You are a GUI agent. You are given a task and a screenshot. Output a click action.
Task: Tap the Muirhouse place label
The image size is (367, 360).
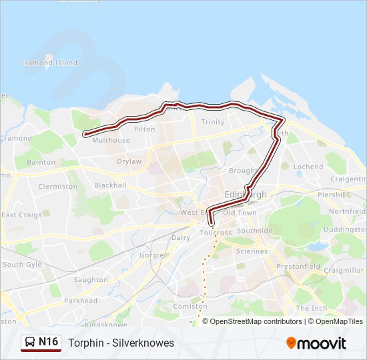pyautogui.click(x=111, y=140)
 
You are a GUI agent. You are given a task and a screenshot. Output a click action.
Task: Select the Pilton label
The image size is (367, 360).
pyautogui.click(x=144, y=129)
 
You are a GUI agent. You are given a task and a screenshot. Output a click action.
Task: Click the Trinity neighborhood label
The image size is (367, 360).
pyautogui.click(x=213, y=122)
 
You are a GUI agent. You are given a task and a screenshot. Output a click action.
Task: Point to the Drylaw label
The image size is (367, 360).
pyautogui.click(x=129, y=161)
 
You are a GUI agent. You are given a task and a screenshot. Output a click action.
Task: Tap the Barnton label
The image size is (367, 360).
pyautogui.click(x=41, y=162)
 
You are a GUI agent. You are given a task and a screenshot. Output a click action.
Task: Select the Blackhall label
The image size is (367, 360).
pyautogui.click(x=109, y=185)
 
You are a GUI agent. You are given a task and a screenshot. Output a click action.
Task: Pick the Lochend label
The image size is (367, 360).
pyautogui.click(x=308, y=167)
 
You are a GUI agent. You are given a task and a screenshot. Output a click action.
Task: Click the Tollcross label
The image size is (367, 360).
pyautogui.click(x=215, y=233)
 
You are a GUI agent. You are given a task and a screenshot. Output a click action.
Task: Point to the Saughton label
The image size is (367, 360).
pyautogui.click(x=91, y=280)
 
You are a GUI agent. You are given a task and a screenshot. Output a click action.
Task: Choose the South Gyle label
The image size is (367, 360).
pyautogui.click(x=22, y=265)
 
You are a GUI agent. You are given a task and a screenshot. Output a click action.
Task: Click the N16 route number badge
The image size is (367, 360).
pyautogui.click(x=48, y=342)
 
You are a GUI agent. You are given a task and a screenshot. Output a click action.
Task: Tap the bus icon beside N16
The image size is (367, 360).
pyautogui.click(x=31, y=343)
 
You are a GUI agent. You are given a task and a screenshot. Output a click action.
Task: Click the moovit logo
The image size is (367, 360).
pyautogui.click(x=316, y=343)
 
